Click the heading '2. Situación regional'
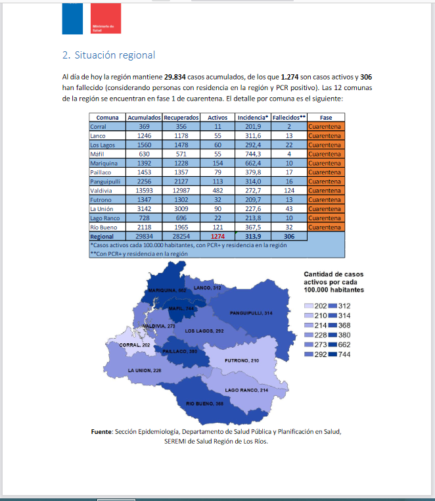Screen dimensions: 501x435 click(x=108, y=55)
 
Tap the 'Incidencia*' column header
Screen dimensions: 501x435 click(x=254, y=117)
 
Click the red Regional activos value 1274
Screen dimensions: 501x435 click(x=217, y=236)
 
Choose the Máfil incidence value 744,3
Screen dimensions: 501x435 click(x=254, y=153)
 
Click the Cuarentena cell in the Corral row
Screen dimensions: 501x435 click(x=326, y=126)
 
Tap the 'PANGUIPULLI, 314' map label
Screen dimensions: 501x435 click(x=251, y=313)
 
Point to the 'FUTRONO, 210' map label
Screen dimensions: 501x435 click(x=242, y=361)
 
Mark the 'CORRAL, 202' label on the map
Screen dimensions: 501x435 click(x=135, y=345)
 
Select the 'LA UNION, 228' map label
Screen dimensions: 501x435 click(x=145, y=371)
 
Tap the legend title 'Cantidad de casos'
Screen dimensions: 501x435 click(x=333, y=274)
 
